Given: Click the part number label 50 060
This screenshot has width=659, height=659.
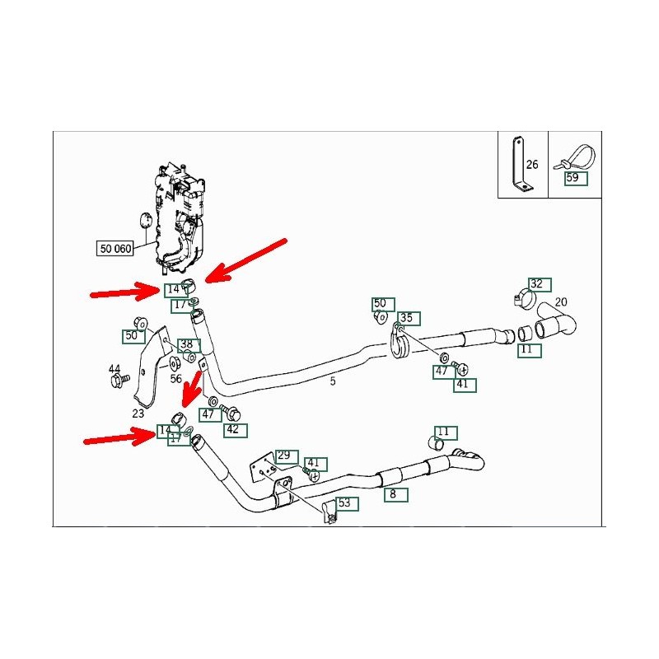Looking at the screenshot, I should pyautogui.click(x=115, y=248).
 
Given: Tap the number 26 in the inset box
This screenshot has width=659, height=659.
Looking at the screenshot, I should pyautogui.click(x=532, y=165).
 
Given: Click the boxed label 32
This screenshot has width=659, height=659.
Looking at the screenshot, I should pyautogui.click(x=536, y=284).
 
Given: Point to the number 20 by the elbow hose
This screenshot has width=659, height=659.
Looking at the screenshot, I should pyautogui.click(x=561, y=302).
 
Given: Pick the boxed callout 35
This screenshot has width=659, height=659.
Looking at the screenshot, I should pyautogui.click(x=406, y=318).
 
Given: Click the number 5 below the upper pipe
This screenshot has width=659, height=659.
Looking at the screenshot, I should pyautogui.click(x=333, y=381).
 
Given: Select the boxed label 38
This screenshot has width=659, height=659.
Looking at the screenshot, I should pyautogui.click(x=187, y=344).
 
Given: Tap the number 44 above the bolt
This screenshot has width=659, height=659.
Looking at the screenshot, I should pyautogui.click(x=115, y=368).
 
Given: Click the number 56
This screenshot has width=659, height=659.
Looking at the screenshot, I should pyautogui.click(x=175, y=379).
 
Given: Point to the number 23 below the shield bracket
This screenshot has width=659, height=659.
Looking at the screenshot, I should pyautogui.click(x=138, y=414).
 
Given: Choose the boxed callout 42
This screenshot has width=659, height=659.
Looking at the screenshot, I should pyautogui.click(x=232, y=429).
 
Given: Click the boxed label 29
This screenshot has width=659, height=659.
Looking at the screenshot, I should pyautogui.click(x=284, y=456).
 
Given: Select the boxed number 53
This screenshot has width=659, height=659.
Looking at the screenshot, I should pyautogui.click(x=344, y=502).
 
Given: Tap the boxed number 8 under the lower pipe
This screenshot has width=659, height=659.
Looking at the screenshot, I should pyautogui.click(x=393, y=495).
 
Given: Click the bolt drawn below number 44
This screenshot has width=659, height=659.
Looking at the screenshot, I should pyautogui.click(x=117, y=381).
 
